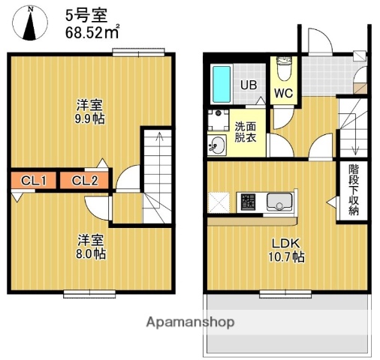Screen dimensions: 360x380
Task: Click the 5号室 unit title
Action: (x=80, y=13)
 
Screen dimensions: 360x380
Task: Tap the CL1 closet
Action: (x=34, y=180)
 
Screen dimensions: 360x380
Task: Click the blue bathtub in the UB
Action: (x=222, y=85)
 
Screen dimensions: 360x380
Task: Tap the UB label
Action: (x=248, y=85)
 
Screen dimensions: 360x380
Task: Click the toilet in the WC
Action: (x=283, y=70)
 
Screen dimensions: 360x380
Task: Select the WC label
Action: (x=282, y=94)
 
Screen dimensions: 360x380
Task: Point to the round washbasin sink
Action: (x=218, y=145)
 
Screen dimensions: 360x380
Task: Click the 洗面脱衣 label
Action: (x=245, y=133)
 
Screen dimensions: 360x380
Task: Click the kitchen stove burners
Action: (x=247, y=202)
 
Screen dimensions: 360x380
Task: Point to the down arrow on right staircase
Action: (x=354, y=145)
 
